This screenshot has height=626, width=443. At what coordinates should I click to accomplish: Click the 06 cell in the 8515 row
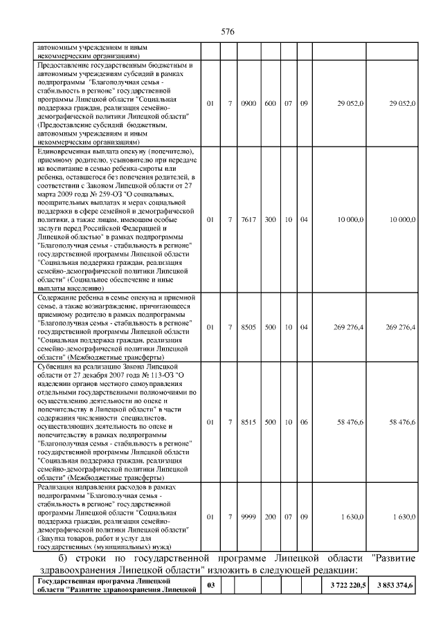[x=304, y=421]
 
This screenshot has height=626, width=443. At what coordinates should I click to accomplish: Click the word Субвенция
[x=54, y=367]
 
